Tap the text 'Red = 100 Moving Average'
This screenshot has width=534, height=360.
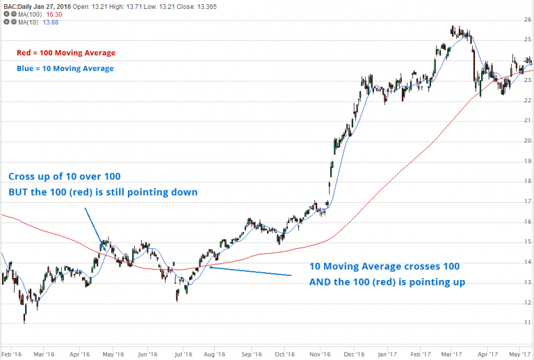click(65, 53)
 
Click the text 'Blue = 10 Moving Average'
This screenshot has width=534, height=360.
click(65, 69)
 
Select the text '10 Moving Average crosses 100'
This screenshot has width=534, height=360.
click(384, 267)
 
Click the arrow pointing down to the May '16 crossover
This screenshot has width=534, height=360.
click(95, 226)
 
